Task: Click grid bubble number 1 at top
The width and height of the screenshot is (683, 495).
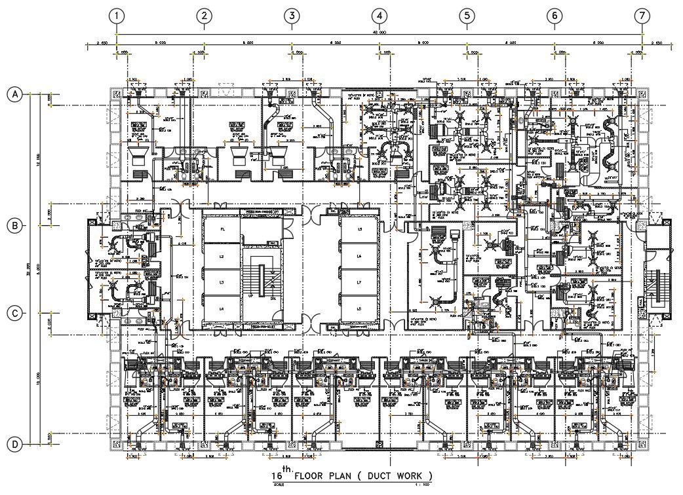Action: [117, 15]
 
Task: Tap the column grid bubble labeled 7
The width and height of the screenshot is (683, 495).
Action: [642, 15]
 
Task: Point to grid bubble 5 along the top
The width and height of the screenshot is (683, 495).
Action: [466, 15]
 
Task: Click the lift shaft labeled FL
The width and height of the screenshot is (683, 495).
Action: [222, 229]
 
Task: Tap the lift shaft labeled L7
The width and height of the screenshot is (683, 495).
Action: [359, 282]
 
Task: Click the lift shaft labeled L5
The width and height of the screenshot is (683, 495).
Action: [359, 229]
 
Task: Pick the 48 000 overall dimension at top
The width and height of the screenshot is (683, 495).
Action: [379, 31]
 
